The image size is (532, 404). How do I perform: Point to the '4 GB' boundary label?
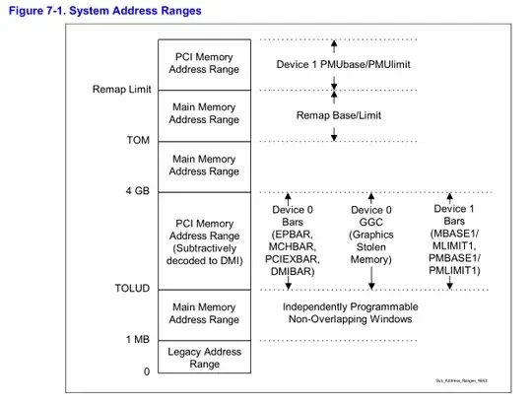(x=136, y=190)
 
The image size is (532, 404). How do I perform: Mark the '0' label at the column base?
(x=145, y=371)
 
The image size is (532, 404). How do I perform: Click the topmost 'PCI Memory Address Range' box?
(x=205, y=63)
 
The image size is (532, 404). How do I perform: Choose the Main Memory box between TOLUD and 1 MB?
(x=205, y=313)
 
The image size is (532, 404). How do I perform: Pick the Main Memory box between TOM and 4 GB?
(x=205, y=165)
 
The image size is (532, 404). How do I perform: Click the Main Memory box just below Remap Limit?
(x=205, y=114)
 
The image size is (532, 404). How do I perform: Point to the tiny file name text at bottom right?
(x=462, y=380)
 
